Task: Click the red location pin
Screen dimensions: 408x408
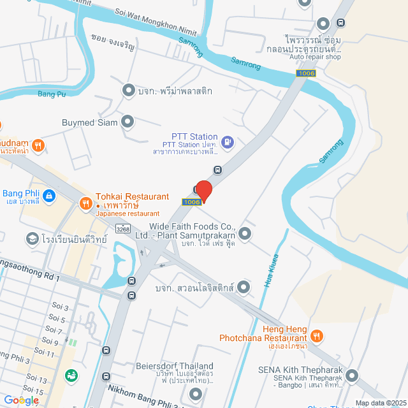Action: (203, 191)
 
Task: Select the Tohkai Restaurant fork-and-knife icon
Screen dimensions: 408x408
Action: (85, 203)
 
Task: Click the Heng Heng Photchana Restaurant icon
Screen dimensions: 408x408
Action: (317, 335)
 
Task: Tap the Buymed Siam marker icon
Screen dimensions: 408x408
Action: (128, 121)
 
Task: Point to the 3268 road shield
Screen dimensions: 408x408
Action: (123, 229)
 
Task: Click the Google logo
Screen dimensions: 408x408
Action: (20, 400)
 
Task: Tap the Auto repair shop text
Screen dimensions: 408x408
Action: (315, 57)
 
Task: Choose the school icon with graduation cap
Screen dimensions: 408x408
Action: (31, 238)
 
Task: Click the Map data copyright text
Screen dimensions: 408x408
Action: (379, 402)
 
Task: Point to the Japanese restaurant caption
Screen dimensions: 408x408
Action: (127, 214)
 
